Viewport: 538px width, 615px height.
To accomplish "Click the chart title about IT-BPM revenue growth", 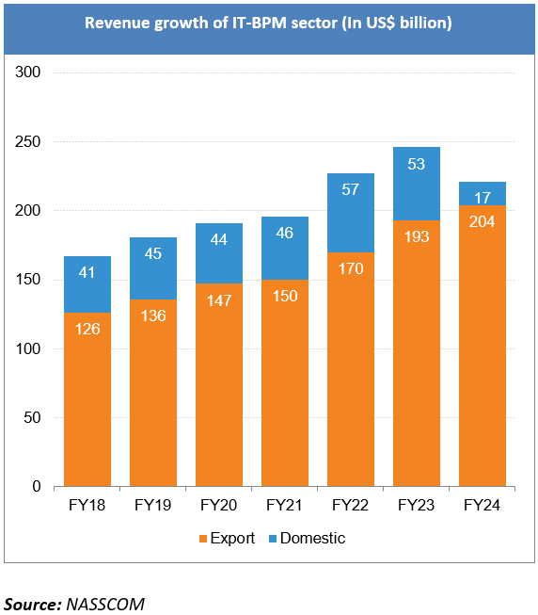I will coord(268,23).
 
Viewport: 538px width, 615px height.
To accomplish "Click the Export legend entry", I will coord(219,539).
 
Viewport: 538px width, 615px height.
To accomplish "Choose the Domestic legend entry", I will coord(305,539).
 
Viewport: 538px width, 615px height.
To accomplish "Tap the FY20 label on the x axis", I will coord(219,507).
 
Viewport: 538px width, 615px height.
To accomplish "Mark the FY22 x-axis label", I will coord(351,507).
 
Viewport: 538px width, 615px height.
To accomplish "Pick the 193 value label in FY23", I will coord(417,235).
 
